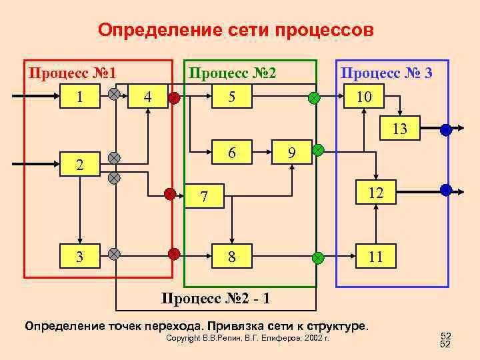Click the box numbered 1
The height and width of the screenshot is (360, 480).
point(80,97)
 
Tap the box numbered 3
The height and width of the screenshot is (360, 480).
point(80,255)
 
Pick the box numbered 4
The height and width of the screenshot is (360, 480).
point(147,97)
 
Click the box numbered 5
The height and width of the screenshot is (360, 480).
point(231,97)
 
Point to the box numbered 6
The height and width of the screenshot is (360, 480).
point(231,152)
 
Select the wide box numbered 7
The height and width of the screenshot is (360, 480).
point(205,197)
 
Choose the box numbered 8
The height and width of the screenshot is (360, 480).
point(231,256)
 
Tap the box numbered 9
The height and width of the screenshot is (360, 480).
point(291,153)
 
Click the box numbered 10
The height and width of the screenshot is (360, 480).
point(363,97)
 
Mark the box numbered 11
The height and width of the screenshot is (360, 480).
point(375,256)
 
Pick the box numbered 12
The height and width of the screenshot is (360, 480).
point(375,193)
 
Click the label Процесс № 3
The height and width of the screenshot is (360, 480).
point(386,72)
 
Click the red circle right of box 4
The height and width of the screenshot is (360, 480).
point(174,98)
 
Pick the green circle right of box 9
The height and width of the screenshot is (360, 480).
point(318,150)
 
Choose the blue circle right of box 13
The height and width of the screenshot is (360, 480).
point(446,130)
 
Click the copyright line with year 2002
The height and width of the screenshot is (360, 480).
point(247,339)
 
